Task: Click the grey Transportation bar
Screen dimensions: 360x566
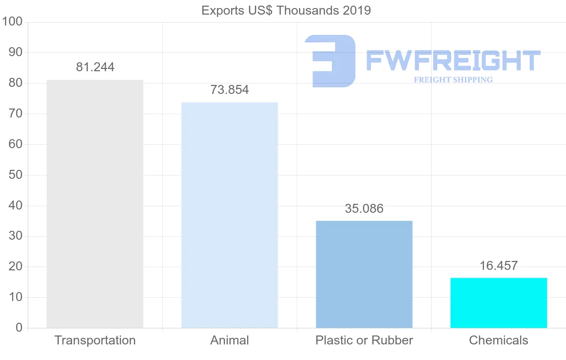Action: [95, 204]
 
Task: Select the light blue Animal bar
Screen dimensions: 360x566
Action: [229, 215]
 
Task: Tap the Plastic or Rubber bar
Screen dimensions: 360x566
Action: [364, 274]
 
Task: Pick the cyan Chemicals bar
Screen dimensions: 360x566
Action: [499, 303]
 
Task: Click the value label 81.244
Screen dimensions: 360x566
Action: [95, 67]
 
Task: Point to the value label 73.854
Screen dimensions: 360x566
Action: [230, 90]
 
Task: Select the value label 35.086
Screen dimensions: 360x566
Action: [364, 209]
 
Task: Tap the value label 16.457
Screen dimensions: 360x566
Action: [499, 266]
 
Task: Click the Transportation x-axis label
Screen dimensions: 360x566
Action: [95, 340]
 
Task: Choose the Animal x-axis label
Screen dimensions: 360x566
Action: [230, 340]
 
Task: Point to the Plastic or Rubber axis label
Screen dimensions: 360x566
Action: [364, 340]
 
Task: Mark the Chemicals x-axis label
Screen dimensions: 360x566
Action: [499, 340]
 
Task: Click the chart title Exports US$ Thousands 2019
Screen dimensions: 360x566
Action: [286, 10]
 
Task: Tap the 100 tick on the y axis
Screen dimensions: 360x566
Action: [12, 22]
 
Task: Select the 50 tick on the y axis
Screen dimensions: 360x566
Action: [16, 175]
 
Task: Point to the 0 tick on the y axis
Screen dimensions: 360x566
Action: [19, 328]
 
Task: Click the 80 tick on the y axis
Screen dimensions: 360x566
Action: [16, 83]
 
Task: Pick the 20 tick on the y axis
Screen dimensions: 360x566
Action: [16, 267]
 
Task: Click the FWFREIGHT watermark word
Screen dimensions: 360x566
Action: [453, 60]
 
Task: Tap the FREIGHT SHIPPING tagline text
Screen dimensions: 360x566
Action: [453, 80]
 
